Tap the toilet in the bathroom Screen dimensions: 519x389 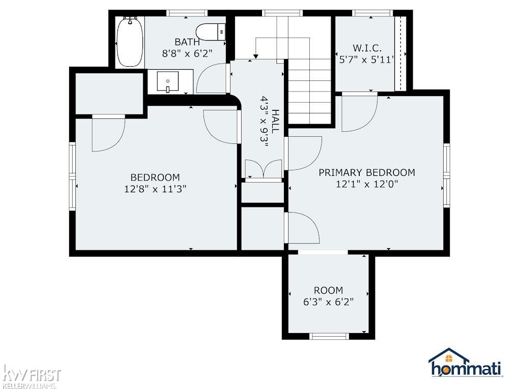pos(211,32)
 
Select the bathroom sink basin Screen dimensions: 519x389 pos(167,81)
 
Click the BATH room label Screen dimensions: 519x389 pos(187,42)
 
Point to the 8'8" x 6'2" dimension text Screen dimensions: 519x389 pos(187,53)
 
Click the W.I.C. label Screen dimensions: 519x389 pos(367,48)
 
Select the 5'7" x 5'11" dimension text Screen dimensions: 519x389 pos(367,60)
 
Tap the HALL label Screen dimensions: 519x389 pos(275,122)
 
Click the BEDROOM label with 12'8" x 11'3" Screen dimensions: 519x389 pos(155,177)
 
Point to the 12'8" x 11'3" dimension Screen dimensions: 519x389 pos(155,189)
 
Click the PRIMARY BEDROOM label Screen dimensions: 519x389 pos(367,172)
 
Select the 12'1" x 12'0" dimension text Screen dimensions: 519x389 pos(367,184)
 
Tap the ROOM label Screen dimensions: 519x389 pos(328,290)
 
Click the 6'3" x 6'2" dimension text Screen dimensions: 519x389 pos(328,302)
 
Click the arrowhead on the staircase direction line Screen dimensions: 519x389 pos(255,55)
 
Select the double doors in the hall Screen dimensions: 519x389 pos(264,169)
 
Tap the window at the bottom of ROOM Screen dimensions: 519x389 pos(329,336)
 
